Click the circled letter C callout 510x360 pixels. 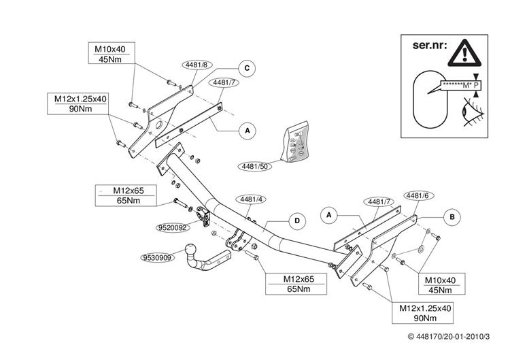(247, 68)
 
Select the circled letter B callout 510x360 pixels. (452, 217)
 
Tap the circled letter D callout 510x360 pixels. (297, 221)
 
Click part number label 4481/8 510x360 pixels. (197, 65)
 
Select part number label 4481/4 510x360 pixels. (251, 199)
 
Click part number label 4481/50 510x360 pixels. (255, 166)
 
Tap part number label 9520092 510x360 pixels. (173, 227)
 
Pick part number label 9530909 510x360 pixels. (158, 258)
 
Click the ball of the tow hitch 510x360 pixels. (190, 250)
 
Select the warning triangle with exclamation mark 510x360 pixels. (464, 53)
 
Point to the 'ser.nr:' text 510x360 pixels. (430, 45)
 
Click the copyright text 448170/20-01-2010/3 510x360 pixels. (449, 337)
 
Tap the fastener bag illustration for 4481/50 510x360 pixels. (295, 142)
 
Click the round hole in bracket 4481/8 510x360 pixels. (159, 125)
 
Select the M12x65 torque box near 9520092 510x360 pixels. (126, 195)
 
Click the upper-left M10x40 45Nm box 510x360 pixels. (112, 53)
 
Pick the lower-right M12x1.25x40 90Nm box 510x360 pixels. (422, 313)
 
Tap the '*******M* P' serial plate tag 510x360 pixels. (460, 85)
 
